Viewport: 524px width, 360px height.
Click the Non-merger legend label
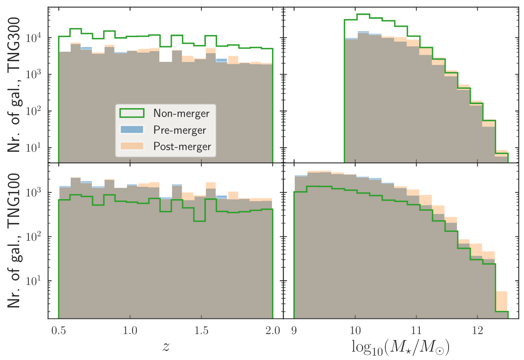[x=181, y=113]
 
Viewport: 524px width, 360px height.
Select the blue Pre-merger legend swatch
[x=132, y=130]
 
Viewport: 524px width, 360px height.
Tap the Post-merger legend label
[x=182, y=146]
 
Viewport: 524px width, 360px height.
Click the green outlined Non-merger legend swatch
[x=132, y=113]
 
